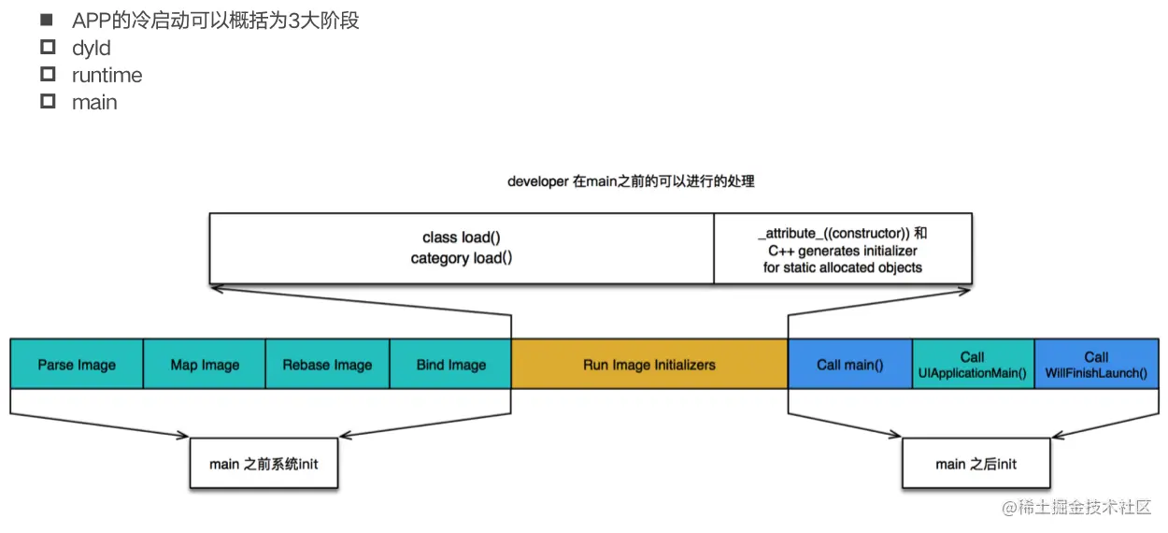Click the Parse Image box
click(x=77, y=364)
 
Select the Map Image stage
click(x=205, y=364)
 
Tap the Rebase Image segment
click(x=327, y=364)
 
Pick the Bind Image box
click(x=450, y=364)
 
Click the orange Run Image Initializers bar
click(x=649, y=364)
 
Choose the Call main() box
click(x=849, y=364)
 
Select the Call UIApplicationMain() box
click(x=973, y=364)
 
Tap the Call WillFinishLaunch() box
click(x=1096, y=364)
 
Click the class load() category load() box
click(x=462, y=248)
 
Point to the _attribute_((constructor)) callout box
click(x=842, y=248)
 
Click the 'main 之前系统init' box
click(x=264, y=463)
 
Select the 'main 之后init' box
click(x=976, y=463)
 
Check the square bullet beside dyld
click(x=49, y=48)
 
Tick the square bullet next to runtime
click(x=49, y=74)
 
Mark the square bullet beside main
click(x=49, y=101)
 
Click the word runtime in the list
click(x=107, y=75)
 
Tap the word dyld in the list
click(x=91, y=49)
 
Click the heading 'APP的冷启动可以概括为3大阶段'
click(x=215, y=21)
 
